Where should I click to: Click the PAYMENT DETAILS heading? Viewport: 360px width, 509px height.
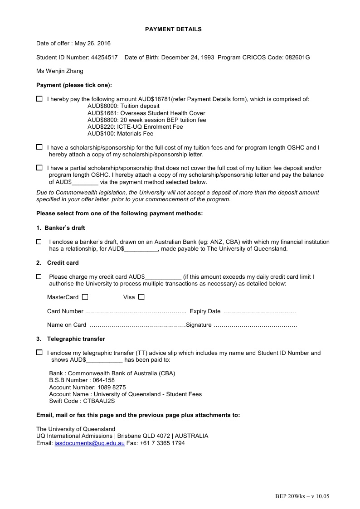pyautogui.click(x=173, y=29)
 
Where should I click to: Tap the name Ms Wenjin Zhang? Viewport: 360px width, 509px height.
pyautogui.click(x=60, y=71)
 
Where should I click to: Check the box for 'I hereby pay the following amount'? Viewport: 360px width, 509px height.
pyautogui.click(x=39, y=99)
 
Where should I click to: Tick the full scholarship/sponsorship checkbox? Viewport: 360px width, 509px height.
pyautogui.click(x=39, y=147)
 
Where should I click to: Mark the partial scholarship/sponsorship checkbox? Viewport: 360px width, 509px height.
pyautogui.click(x=39, y=168)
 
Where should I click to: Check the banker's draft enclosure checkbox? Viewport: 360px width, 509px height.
pyautogui.click(x=39, y=242)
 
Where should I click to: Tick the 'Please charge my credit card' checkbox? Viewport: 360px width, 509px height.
pyautogui.click(x=39, y=276)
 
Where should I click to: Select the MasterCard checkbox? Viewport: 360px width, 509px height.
pyautogui.click(x=85, y=297)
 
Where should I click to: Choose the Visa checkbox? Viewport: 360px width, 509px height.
pyautogui.click(x=141, y=297)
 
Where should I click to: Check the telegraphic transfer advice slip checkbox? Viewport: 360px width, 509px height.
pyautogui.click(x=39, y=352)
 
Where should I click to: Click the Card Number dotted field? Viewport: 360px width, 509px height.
pyautogui.click(x=136, y=312)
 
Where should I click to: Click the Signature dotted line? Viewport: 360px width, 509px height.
pyautogui.click(x=255, y=325)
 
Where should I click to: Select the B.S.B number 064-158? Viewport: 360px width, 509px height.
pyautogui.click(x=103, y=380)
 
